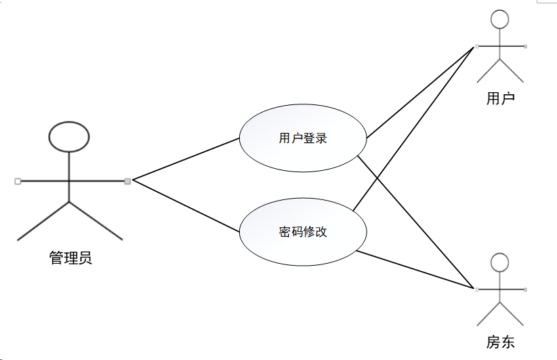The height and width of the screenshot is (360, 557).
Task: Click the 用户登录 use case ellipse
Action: pyautogui.click(x=303, y=138)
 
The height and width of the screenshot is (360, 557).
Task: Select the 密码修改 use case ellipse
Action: pyautogui.click(x=303, y=232)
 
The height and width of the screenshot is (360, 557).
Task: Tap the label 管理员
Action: pyautogui.click(x=70, y=258)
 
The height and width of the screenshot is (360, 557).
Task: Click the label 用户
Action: pyautogui.click(x=500, y=99)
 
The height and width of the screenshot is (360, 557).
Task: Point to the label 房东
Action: pyautogui.click(x=500, y=342)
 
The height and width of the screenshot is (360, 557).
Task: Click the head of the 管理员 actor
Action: pyautogui.click(x=69, y=136)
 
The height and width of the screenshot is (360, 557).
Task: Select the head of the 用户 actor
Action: pyautogui.click(x=499, y=19)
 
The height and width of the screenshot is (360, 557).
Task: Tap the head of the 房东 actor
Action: pyautogui.click(x=499, y=262)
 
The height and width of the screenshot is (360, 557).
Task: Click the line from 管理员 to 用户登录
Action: pyautogui.click(x=186, y=159)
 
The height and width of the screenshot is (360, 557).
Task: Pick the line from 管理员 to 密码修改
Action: pyautogui.click(x=186, y=206)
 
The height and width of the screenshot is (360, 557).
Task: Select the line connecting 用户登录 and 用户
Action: pyautogui.click(x=420, y=92)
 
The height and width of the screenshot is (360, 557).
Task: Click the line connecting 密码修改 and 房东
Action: pyautogui.click(x=413, y=271)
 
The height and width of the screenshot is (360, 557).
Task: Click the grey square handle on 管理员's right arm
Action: pyautogui.click(x=127, y=180)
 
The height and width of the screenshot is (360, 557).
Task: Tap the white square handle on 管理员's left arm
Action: pyautogui.click(x=18, y=181)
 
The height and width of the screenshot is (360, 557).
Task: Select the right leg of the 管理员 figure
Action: pyautogui.click(x=96, y=220)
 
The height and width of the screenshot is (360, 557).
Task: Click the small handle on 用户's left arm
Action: pyautogui.click(x=477, y=46)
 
